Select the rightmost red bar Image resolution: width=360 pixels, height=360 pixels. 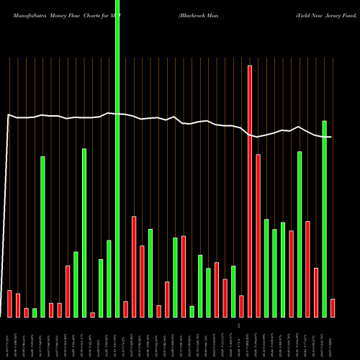pyautogui.click(x=333, y=307)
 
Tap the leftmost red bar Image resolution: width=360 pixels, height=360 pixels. pyautogui.click(x=9, y=303)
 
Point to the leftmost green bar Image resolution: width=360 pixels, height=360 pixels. pyautogui.click(x=35, y=312)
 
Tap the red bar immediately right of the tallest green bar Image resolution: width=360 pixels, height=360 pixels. pyautogui.click(x=125, y=309)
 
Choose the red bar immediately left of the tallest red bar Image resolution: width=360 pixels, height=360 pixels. pyautogui.click(x=241, y=306)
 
